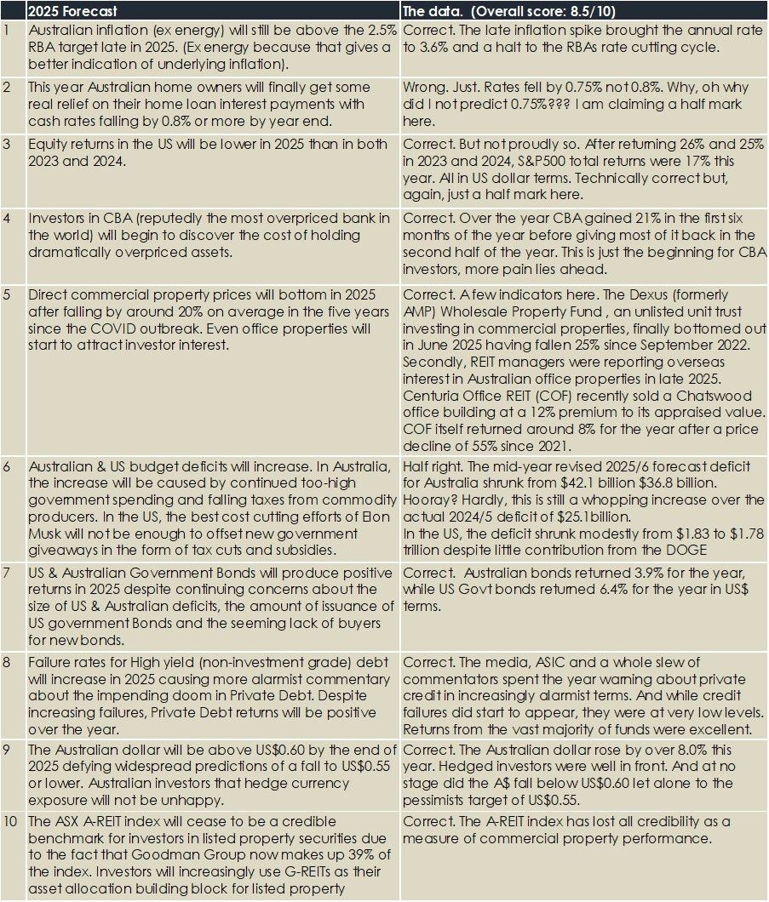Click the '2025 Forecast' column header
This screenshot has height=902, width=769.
tap(72, 12)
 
